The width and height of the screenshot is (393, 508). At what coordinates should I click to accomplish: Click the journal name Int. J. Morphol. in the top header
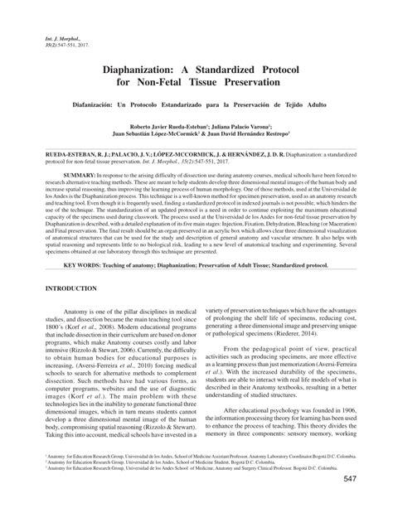51,38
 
